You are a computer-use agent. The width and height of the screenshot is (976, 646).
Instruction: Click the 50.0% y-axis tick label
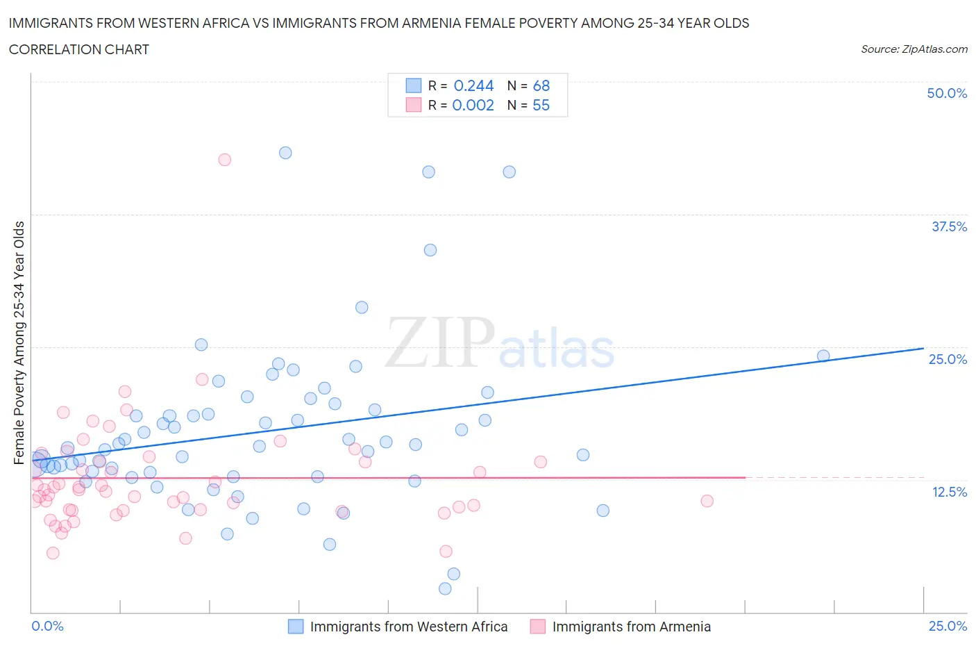[947, 93]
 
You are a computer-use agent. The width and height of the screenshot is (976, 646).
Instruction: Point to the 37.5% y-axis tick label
[949, 226]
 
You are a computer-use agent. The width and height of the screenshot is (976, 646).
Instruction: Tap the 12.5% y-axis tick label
[949, 492]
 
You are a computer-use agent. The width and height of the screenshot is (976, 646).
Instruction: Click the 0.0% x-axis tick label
[47, 626]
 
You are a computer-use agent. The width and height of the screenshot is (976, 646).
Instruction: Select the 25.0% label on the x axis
[948, 626]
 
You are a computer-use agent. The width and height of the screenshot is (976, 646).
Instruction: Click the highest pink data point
[224, 160]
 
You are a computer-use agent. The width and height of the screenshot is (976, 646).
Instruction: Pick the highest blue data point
[285, 153]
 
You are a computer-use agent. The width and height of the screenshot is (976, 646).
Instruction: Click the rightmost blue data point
[823, 356]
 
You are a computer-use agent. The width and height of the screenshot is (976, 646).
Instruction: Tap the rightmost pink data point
[707, 501]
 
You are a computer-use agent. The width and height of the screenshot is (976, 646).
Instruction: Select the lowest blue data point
[445, 588]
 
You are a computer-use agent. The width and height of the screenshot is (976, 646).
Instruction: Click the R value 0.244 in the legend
[473, 85]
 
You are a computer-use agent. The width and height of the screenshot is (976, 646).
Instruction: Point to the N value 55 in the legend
[541, 105]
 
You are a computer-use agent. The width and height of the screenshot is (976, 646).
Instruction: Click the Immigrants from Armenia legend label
[631, 627]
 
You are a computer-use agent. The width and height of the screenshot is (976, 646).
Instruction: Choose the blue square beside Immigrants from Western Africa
[296, 627]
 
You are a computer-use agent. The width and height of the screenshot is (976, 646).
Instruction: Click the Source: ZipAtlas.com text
[914, 49]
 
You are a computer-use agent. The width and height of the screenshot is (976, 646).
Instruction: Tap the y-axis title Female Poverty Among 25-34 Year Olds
[19, 342]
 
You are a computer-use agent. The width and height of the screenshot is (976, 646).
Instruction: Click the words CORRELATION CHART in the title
[79, 49]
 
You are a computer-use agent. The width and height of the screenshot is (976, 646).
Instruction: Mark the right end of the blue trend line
[923, 348]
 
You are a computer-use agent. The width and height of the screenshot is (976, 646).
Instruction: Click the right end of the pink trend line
[745, 477]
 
